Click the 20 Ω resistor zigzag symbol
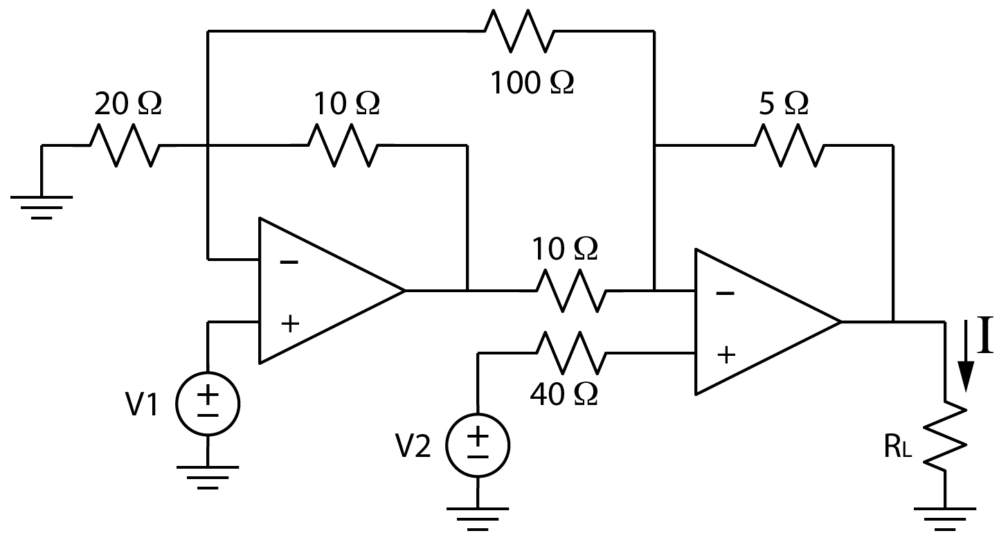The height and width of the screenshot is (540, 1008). [125, 145]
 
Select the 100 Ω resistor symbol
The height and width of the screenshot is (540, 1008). [519, 30]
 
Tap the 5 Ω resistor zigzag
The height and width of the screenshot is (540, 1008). [789, 145]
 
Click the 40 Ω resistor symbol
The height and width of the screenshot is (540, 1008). [572, 354]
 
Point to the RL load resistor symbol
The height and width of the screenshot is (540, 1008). [946, 438]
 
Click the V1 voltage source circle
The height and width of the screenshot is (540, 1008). [208, 404]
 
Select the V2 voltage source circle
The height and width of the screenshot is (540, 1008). [478, 447]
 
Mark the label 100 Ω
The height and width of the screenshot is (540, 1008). [532, 83]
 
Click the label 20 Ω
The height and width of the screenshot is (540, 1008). [127, 104]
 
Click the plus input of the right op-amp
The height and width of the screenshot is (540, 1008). [726, 355]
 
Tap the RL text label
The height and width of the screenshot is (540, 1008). [899, 448]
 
